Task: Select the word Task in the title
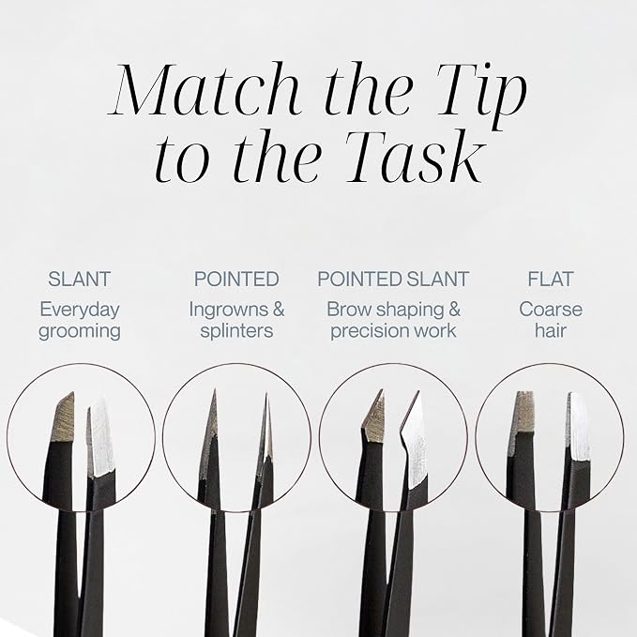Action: coord(417,156)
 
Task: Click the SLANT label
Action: coord(79,279)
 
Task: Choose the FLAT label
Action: coord(550,279)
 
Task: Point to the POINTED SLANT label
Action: coord(393,279)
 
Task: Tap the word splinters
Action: coord(236,330)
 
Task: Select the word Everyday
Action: coord(80,311)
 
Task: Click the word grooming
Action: coord(80,331)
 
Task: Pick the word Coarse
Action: coord(551,310)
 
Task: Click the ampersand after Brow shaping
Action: coord(454,310)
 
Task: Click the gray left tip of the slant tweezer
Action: coord(63,418)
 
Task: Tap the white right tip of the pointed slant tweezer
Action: coord(416,443)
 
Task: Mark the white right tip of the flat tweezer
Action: coord(578,427)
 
